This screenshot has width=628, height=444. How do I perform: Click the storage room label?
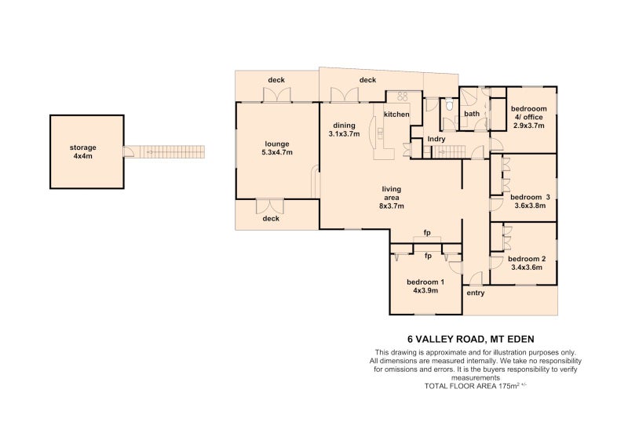click(83, 147)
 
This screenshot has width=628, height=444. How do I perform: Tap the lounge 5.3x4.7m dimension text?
click(277, 152)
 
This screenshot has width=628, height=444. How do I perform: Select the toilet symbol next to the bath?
click(449, 105)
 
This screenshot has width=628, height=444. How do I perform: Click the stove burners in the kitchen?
click(402, 96)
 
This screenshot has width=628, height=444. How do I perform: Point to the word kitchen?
click(396, 115)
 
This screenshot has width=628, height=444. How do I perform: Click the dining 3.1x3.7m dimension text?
click(344, 134)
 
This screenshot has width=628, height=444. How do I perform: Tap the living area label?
click(391, 194)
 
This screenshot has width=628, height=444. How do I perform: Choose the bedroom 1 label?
click(425, 282)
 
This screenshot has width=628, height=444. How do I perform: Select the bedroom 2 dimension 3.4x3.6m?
click(527, 267)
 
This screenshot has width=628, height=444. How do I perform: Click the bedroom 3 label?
click(530, 198)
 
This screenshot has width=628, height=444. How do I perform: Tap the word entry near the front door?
click(476, 293)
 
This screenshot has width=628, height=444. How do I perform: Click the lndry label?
click(436, 140)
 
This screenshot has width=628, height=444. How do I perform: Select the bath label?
click(472, 114)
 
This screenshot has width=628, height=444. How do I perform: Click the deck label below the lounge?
click(271, 219)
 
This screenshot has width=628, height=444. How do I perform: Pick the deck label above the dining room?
click(367, 80)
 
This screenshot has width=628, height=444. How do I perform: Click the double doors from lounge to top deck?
click(276, 94)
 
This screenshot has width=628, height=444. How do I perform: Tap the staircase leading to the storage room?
click(172, 152)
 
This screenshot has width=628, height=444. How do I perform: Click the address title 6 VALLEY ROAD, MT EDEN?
click(470, 340)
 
